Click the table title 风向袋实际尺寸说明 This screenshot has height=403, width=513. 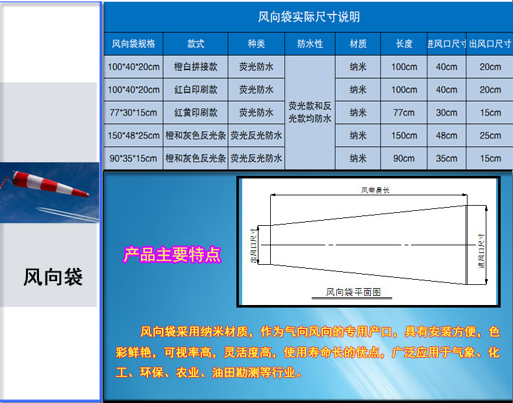[x=309, y=17]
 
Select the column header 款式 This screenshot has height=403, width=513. [x=195, y=43]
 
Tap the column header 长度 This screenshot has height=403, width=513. [x=404, y=43]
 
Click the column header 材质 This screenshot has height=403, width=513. [x=358, y=43]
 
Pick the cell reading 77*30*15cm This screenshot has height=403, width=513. [x=133, y=112]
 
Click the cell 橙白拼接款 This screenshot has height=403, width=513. [x=195, y=67]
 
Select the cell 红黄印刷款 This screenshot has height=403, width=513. [x=195, y=112]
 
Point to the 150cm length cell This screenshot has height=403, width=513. [x=404, y=136]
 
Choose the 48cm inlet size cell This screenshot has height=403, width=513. [x=446, y=136]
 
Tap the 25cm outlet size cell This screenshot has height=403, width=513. [x=490, y=136]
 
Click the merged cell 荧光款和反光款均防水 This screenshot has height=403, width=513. [x=310, y=112]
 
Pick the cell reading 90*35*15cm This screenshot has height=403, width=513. [x=133, y=158]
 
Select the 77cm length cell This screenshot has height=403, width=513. [x=404, y=112]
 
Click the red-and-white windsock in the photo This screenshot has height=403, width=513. [x=49, y=184]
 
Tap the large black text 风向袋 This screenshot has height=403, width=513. [x=53, y=277]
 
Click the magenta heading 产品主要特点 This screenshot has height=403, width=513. [x=172, y=254]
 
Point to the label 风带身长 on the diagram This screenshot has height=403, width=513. [x=375, y=190]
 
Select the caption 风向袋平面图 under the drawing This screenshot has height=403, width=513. [x=353, y=292]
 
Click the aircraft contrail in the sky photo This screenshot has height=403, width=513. [x=67, y=214]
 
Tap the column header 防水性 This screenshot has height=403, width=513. [x=310, y=43]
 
